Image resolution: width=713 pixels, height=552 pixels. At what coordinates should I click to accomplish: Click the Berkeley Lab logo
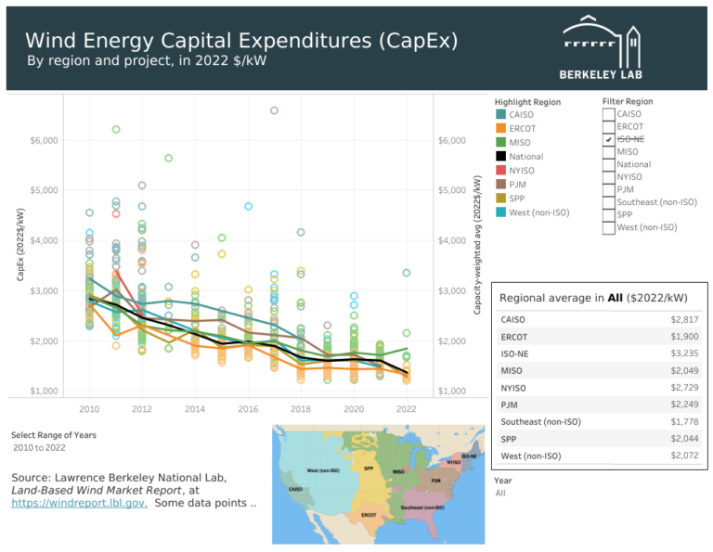point(601,46)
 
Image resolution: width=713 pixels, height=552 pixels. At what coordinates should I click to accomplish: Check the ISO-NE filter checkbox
point(608,139)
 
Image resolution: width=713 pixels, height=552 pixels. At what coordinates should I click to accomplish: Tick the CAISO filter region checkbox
point(608,114)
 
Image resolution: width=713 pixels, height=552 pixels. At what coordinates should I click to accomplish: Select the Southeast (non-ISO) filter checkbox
point(608,201)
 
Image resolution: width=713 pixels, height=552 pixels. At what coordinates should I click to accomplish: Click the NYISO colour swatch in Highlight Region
point(500,171)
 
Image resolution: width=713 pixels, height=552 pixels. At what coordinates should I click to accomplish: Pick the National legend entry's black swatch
point(500,157)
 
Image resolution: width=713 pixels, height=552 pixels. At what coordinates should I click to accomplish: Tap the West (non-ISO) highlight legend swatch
point(500,212)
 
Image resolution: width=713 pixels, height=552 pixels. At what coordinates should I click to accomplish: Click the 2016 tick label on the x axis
point(248,408)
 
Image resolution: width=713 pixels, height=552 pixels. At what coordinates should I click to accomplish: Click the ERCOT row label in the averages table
point(513,336)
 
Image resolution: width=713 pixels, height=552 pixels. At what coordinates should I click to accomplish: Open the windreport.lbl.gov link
point(79,503)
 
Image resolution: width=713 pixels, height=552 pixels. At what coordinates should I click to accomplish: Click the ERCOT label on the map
point(368,514)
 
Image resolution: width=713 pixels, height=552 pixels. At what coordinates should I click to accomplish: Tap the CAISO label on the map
point(296,489)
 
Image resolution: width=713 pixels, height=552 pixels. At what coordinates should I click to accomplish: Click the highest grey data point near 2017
point(274,110)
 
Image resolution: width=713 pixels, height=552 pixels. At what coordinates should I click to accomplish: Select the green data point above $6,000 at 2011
point(116,129)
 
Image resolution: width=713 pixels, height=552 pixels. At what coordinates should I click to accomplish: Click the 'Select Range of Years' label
point(53,434)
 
